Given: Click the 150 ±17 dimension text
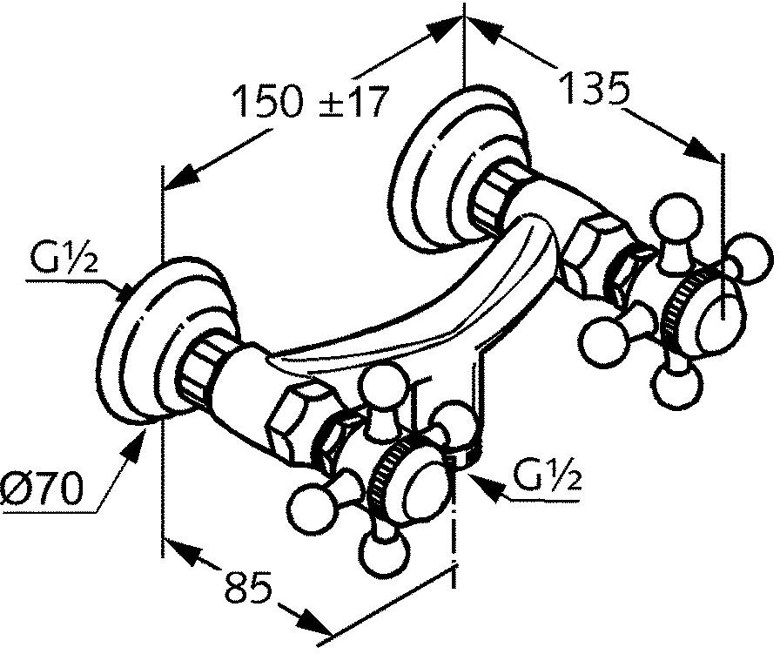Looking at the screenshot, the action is pos(312,102).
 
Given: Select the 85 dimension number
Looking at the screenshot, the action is pos(248,587).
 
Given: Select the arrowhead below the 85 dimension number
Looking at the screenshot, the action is pos(314,620).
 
